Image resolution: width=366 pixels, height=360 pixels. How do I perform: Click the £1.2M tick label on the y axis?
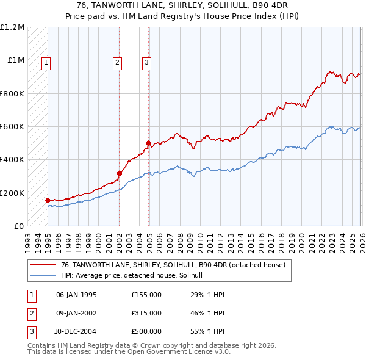coord(12,27)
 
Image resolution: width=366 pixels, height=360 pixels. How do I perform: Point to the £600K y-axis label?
coord(12,127)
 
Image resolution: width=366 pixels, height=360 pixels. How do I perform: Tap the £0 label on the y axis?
coord(18,226)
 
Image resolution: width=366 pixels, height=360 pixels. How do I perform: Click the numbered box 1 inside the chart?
coord(47,61)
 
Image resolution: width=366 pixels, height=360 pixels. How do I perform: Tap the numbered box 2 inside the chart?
coord(117,61)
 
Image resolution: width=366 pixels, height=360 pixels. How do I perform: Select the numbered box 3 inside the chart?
coord(147,61)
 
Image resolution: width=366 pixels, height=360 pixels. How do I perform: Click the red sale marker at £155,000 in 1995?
coord(48,200)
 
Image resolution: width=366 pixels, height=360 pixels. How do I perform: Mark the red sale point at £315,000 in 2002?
coord(119,174)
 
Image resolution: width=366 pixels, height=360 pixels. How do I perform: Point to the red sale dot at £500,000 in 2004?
coord(148,143)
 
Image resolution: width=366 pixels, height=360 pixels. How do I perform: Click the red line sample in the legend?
coord(43,265)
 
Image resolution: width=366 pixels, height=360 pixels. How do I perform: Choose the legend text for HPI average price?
coord(135,275)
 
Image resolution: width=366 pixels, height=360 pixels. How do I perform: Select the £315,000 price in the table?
coord(146,313)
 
